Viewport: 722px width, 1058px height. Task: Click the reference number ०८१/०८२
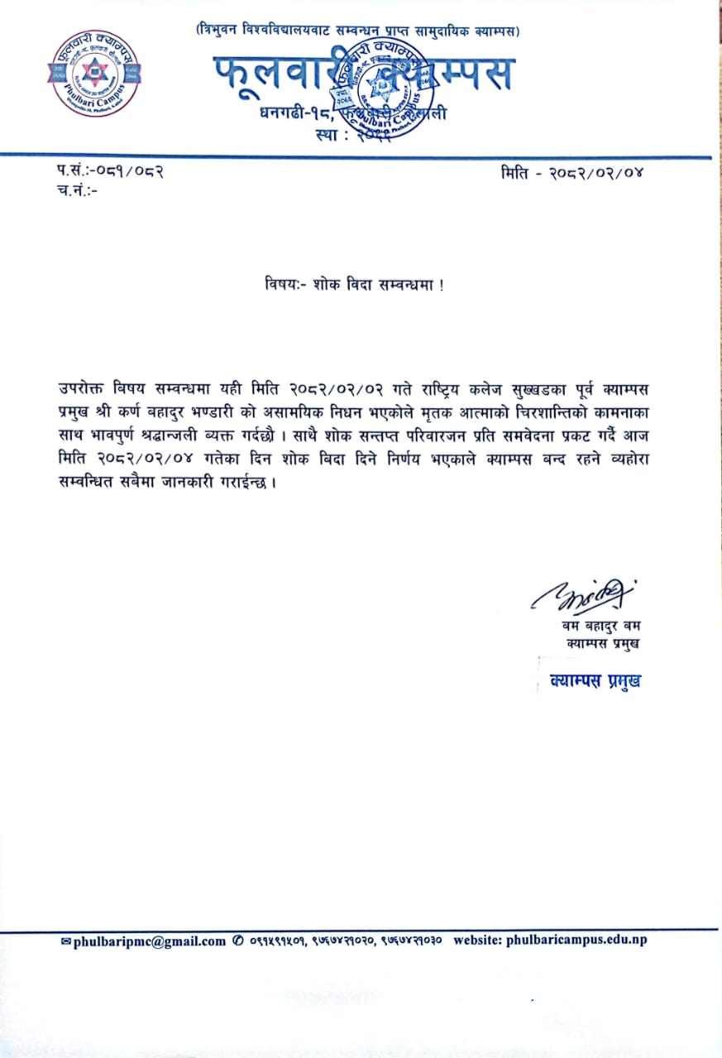click(x=131, y=172)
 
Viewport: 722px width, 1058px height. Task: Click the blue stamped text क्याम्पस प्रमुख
click(x=595, y=681)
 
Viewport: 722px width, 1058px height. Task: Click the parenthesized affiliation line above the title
click(x=357, y=31)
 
